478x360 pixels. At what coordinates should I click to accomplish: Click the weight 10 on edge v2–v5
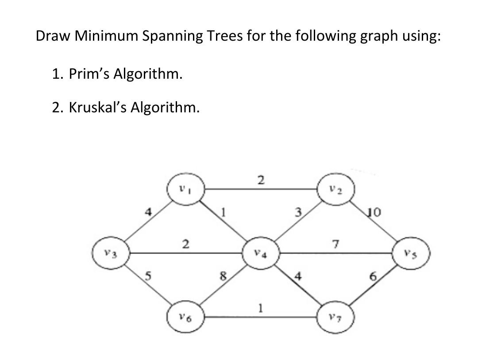coord(374,214)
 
